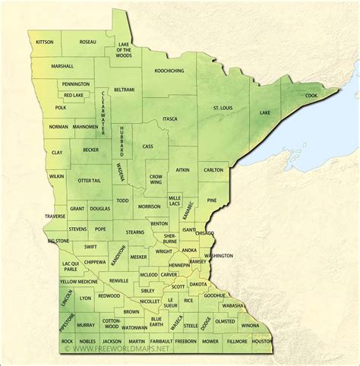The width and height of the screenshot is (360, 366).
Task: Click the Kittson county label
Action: pyautogui.click(x=44, y=42)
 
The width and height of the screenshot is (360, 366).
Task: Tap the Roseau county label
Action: pyautogui.click(x=89, y=42)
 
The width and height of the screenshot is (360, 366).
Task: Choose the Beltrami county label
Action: pyautogui.click(x=124, y=90)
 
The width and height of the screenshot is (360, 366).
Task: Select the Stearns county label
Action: pyautogui.click(x=135, y=232)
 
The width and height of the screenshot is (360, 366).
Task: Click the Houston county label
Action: pyautogui.click(x=261, y=342)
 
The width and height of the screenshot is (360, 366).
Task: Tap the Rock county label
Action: pyautogui.click(x=67, y=342)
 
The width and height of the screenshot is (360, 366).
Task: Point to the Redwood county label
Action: pyautogui.click(x=109, y=296)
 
